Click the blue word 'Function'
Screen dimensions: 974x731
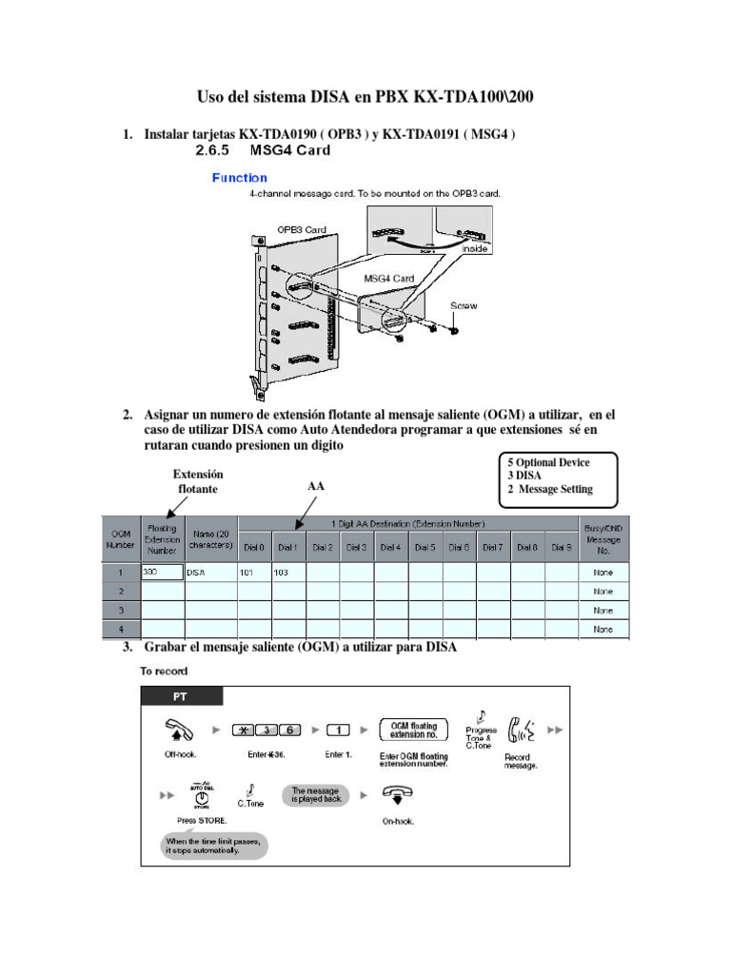click(x=239, y=178)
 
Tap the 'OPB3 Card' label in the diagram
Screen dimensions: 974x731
click(x=302, y=229)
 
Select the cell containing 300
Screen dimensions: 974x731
click(x=162, y=573)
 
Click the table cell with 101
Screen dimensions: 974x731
click(x=254, y=573)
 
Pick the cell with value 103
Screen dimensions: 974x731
click(x=288, y=573)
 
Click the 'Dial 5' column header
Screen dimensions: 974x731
click(x=425, y=548)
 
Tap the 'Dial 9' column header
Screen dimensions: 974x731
click(x=562, y=548)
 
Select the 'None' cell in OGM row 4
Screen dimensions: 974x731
click(x=603, y=629)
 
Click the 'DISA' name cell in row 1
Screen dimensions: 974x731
click(x=210, y=573)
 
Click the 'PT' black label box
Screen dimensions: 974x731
click(x=181, y=696)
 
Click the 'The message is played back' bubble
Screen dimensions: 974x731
click(x=314, y=795)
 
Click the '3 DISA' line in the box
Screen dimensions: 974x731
click(x=526, y=476)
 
